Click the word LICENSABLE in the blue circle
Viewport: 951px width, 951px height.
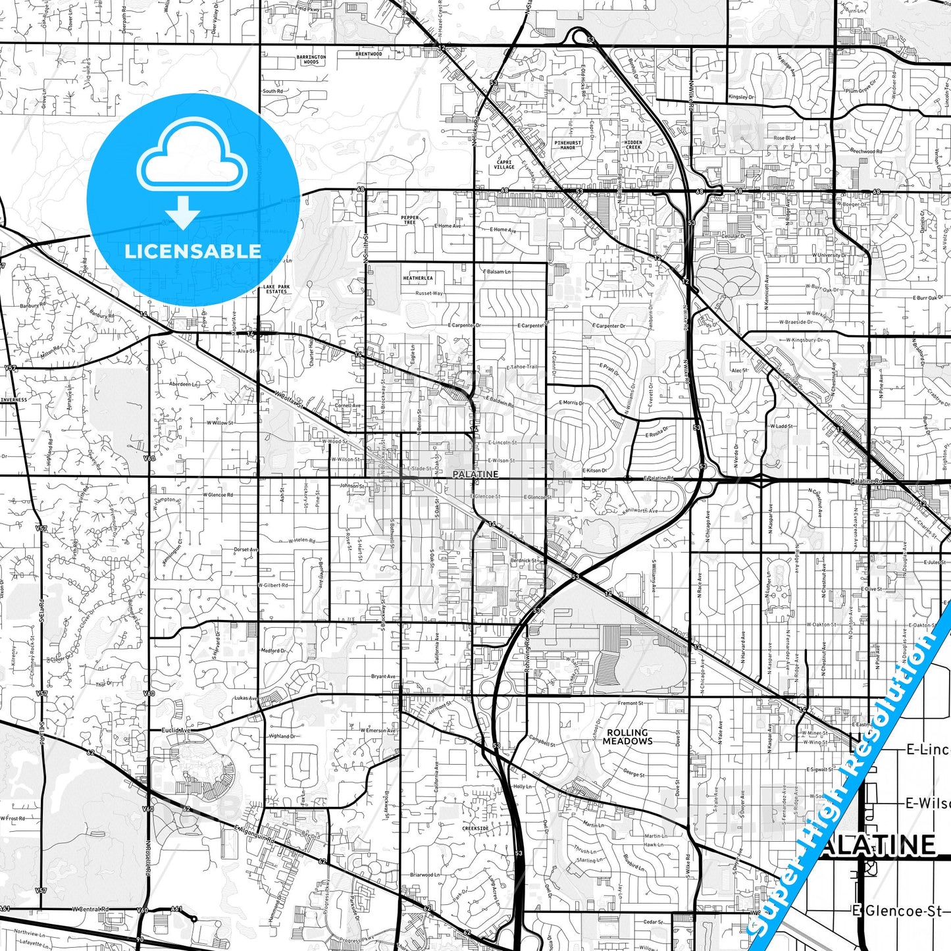[193, 251]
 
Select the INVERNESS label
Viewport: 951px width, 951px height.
[13, 399]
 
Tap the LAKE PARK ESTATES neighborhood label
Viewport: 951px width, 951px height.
[276, 289]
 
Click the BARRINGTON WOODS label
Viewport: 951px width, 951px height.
[311, 60]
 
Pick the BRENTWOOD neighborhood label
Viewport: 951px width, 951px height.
[369, 54]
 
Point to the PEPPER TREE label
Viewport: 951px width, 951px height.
[409, 220]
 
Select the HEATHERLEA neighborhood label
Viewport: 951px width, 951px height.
[418, 278]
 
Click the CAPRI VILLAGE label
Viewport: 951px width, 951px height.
[504, 164]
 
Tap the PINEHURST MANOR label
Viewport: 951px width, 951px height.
[567, 145]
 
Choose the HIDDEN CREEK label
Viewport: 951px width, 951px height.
[633, 145]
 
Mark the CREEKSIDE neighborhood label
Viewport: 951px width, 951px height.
[475, 829]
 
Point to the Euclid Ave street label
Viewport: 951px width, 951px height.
[176, 730]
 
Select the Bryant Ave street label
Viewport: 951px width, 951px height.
[383, 676]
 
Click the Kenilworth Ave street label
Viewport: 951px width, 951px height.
[638, 510]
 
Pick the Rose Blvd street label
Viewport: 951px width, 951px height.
[784, 138]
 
